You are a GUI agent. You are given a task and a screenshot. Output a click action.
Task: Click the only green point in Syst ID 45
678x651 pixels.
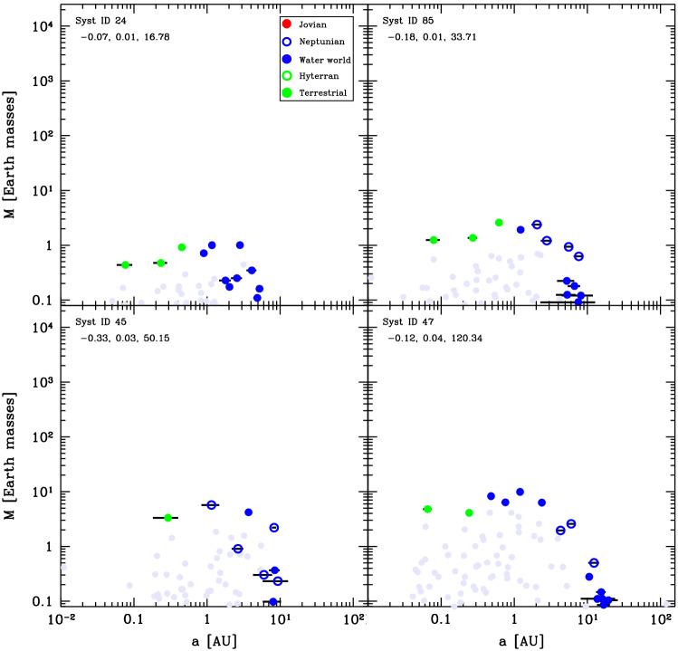tap(167, 518)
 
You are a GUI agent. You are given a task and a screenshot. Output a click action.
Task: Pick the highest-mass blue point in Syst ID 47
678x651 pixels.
tap(520, 493)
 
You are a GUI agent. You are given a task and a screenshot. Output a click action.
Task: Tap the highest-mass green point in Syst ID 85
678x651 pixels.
tap(499, 223)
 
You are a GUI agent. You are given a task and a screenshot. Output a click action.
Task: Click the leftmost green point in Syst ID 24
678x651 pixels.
tap(126, 264)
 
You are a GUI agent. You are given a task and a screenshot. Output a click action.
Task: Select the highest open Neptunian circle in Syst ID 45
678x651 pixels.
tap(212, 505)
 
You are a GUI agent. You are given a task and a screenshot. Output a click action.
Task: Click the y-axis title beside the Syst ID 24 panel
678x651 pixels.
tap(12, 154)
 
